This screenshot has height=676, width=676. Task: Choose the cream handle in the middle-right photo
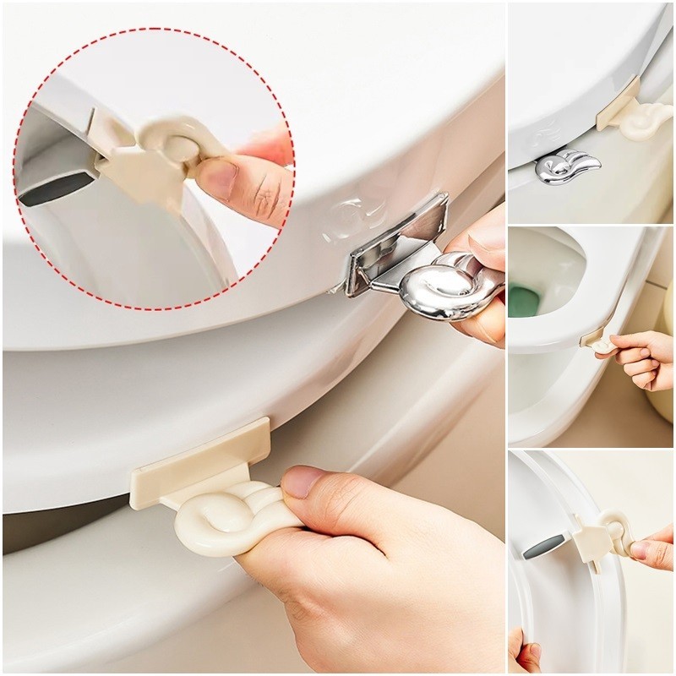[604, 344]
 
